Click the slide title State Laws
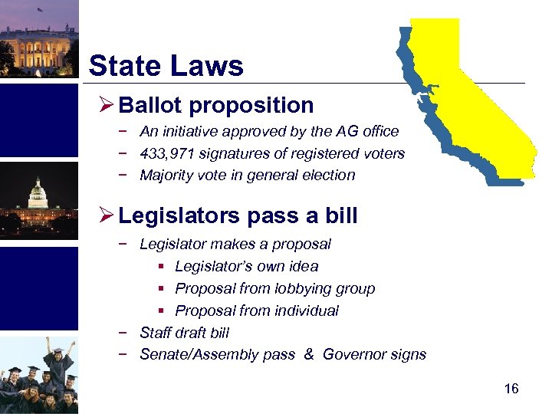click(x=166, y=66)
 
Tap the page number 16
click(x=511, y=389)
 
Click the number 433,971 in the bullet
click(x=165, y=153)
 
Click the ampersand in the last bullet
click(x=308, y=354)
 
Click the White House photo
click(x=38, y=38)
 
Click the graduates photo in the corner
click(x=38, y=376)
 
